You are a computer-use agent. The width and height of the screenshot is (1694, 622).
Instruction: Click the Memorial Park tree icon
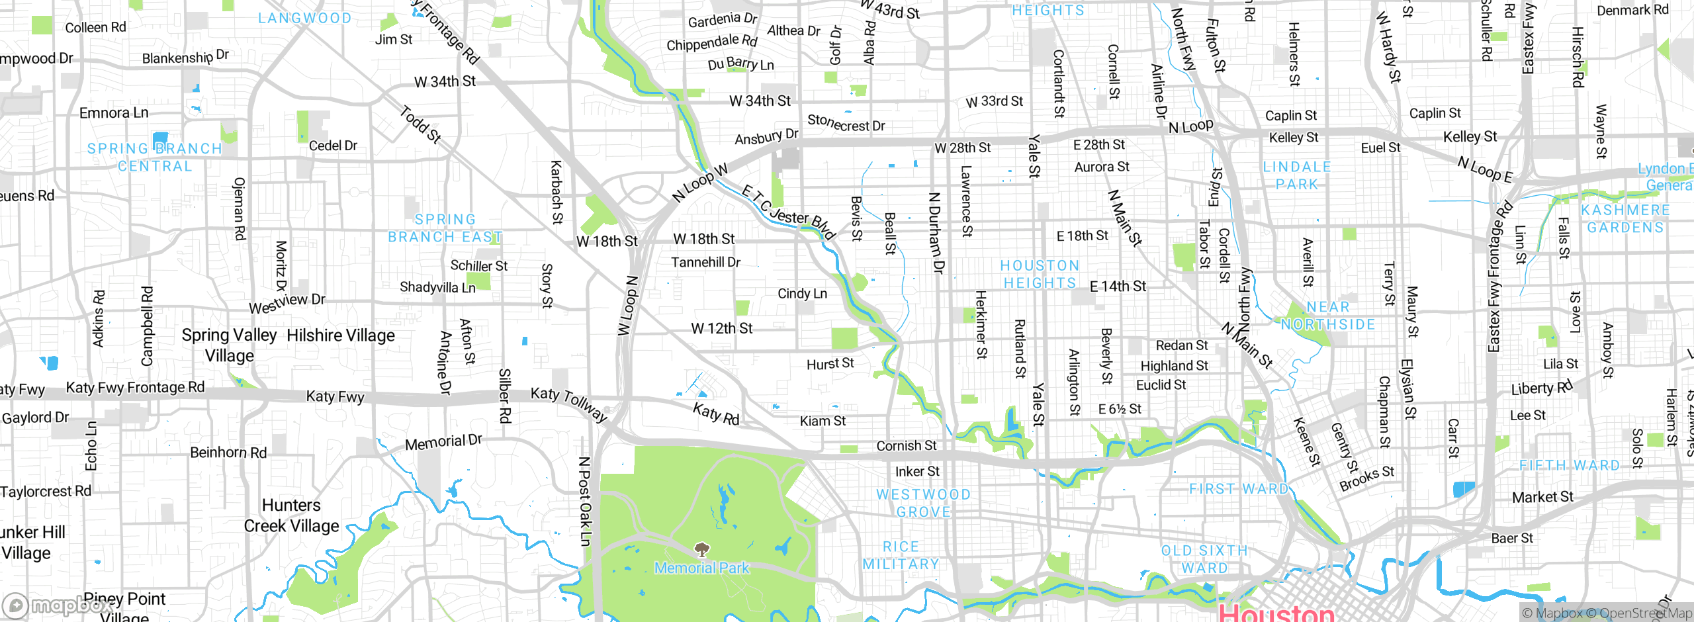pos(702,549)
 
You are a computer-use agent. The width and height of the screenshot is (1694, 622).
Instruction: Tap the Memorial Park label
pos(701,568)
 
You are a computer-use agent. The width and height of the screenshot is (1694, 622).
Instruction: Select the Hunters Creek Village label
pos(291,515)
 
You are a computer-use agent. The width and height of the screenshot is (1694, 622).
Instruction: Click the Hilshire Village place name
pos(341,335)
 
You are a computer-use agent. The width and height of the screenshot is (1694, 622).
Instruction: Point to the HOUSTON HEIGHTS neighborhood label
pos(1040,274)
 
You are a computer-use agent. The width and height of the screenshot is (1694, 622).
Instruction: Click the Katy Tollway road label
pos(569,403)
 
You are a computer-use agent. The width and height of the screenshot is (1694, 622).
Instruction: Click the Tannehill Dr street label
pos(705,262)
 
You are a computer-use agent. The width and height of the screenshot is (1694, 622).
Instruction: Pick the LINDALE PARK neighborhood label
pos(1296,175)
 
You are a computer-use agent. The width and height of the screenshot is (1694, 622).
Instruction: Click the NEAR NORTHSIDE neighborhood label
pos(1327,316)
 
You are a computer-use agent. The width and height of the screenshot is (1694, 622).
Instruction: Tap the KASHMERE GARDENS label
pos(1625,218)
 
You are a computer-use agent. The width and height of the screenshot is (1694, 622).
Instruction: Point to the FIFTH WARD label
pos(1569,465)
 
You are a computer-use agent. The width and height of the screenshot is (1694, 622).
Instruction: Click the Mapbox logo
pos(60,605)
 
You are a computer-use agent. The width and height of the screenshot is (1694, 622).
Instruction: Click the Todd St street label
pos(420,124)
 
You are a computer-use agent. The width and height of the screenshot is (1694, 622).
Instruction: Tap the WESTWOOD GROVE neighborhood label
pos(923,503)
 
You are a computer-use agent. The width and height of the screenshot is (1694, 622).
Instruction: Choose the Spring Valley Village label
pos(229,345)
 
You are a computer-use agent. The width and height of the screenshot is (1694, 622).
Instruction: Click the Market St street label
pos(1542,497)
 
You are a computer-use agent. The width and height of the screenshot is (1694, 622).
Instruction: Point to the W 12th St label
pos(721,328)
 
